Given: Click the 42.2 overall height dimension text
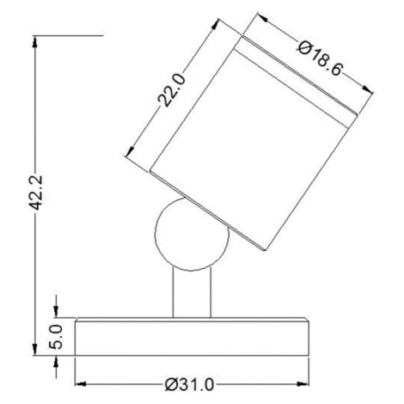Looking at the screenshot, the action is [x=36, y=193].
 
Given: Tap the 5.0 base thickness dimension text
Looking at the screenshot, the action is [x=57, y=337].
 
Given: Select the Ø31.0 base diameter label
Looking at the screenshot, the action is [x=189, y=385].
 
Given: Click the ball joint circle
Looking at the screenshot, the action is [x=156, y=234].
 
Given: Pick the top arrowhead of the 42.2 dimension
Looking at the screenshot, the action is [x=35, y=41].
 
